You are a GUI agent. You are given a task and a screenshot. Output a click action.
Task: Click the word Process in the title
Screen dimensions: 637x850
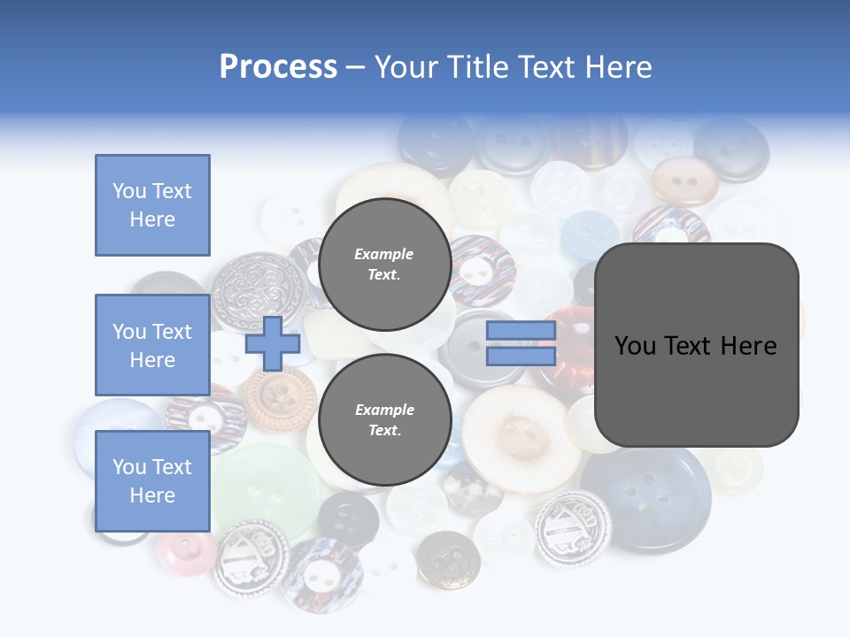(278, 67)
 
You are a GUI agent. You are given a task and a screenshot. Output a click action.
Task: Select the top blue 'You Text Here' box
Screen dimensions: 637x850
(152, 205)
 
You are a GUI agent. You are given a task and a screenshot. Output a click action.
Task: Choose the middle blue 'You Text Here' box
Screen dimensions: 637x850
(152, 345)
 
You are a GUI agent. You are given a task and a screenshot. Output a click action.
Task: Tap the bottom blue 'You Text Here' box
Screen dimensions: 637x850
(152, 480)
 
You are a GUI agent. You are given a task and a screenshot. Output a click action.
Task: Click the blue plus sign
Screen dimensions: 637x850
(273, 344)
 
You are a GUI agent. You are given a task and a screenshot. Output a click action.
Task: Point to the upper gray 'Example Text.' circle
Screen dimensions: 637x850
(384, 264)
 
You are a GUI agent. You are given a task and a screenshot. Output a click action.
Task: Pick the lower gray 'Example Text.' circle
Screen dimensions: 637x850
(384, 419)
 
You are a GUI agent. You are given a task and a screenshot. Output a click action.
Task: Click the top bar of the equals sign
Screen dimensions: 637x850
(521, 331)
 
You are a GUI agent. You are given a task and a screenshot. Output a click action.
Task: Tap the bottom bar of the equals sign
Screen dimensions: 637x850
(521, 356)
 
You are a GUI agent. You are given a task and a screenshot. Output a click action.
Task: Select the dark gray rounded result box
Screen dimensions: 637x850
(696, 344)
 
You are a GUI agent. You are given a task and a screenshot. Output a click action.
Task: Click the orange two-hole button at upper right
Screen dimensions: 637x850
(683, 180)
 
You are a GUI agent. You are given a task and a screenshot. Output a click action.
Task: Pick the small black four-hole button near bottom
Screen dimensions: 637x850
(348, 518)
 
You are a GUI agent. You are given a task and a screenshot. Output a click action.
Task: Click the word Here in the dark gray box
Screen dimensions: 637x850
(748, 346)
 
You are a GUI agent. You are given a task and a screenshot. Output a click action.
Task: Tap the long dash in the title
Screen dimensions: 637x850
(356, 67)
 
